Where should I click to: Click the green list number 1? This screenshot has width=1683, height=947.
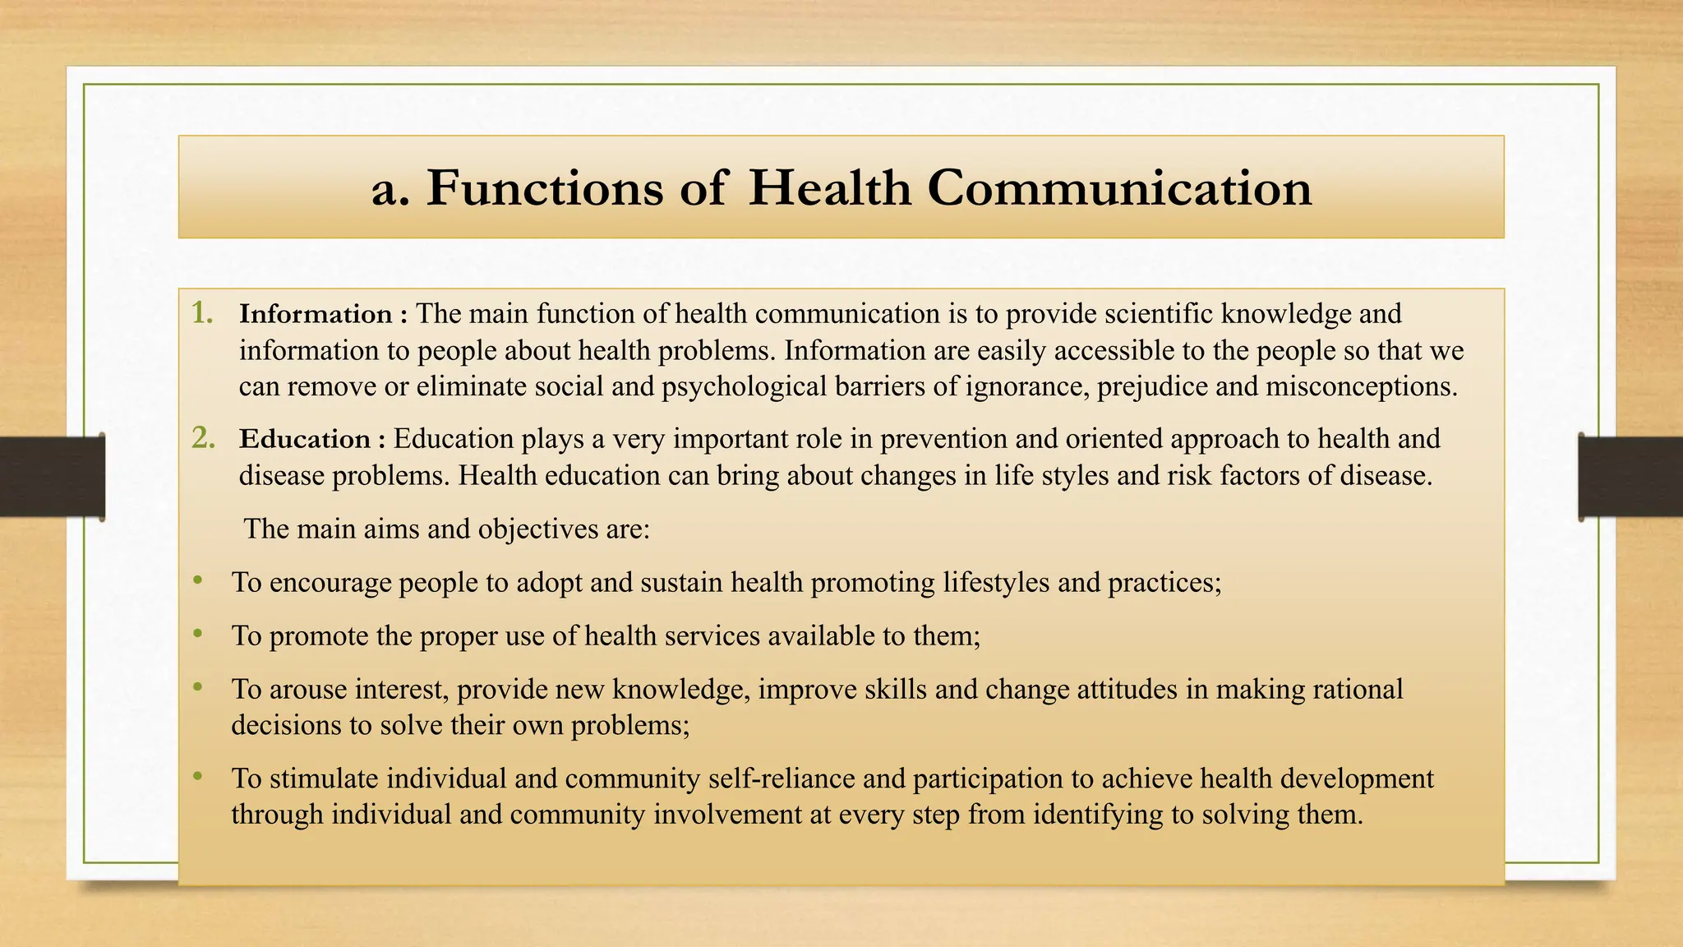202,313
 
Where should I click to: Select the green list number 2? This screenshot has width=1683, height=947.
203,438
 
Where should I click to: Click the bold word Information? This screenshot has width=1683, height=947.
316,314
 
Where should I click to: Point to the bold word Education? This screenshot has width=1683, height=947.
305,439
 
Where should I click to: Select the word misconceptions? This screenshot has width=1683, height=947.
1361,386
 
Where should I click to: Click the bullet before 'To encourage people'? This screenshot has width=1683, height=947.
197,581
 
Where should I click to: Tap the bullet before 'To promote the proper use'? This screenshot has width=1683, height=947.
197,634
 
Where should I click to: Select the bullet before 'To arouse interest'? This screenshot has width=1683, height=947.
197,687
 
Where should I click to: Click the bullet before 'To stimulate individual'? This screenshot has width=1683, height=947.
197,776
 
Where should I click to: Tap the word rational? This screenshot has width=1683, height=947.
1358,689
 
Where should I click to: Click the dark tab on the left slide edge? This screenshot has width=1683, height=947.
52,477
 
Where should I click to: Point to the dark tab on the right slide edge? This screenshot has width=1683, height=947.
1630,477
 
